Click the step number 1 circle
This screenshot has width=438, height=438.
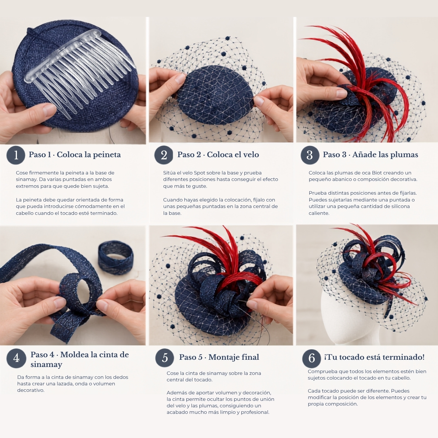pyautogui.click(x=16, y=155)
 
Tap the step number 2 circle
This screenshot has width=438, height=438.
pyautogui.click(x=164, y=155)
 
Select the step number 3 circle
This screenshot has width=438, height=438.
pyautogui.click(x=310, y=155)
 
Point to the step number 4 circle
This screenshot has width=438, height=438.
pyautogui.click(x=16, y=358)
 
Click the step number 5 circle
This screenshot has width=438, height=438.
pyautogui.click(x=164, y=358)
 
